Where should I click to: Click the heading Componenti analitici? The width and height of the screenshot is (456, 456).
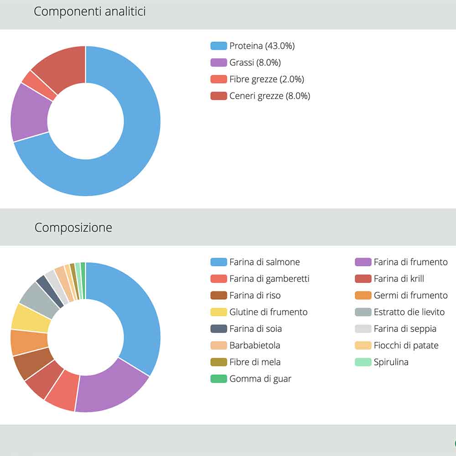tap(90, 11)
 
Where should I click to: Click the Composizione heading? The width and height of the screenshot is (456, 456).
tap(73, 227)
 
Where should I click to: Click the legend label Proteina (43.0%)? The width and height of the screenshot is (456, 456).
tap(262, 46)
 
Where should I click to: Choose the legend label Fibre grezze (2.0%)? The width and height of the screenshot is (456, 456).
tap(266, 79)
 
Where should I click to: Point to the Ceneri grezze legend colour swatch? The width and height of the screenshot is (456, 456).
tap(218, 96)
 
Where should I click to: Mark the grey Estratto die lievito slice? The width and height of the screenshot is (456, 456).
tap(38, 296)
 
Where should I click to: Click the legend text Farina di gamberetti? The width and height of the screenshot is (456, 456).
tap(269, 279)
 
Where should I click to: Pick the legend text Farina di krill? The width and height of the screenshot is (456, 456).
tap(399, 279)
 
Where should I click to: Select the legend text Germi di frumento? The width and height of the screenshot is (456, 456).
tap(410, 295)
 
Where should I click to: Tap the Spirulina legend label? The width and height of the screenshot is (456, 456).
tap(391, 362)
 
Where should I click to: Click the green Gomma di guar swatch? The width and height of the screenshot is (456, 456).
tap(218, 379)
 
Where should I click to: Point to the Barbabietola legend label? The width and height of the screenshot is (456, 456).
tap(254, 345)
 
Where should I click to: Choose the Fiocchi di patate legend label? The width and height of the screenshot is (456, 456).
tap(406, 345)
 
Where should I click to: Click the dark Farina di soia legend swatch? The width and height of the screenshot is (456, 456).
tap(218, 329)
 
